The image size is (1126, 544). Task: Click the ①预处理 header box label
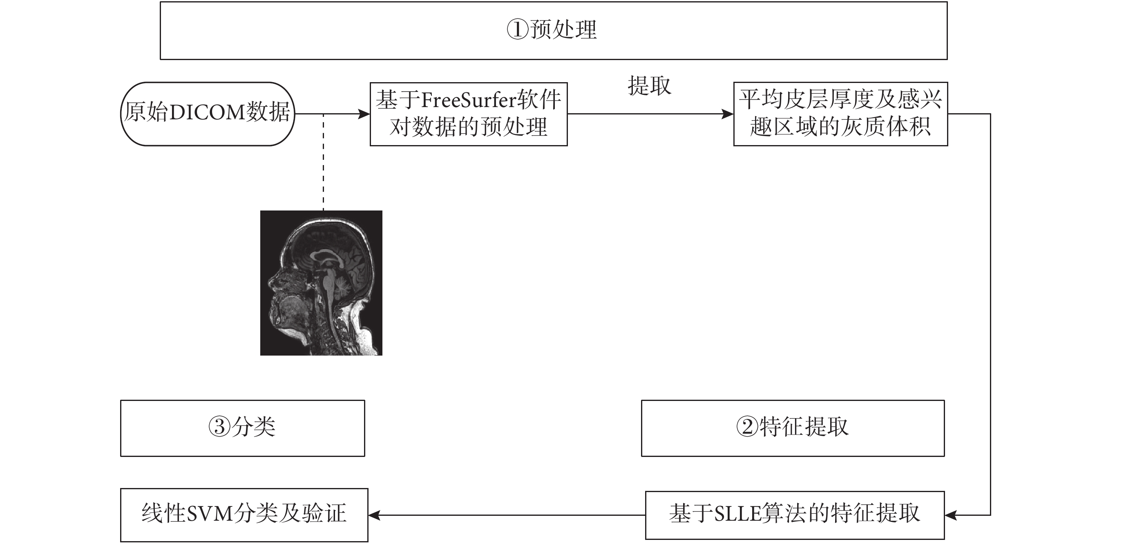click(x=552, y=30)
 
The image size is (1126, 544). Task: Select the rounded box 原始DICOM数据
click(x=208, y=114)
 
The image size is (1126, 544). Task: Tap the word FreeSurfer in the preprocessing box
click(x=469, y=100)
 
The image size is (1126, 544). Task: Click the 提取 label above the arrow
click(x=649, y=85)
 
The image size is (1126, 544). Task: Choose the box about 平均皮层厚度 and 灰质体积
click(x=840, y=114)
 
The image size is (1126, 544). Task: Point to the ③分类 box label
click(x=242, y=426)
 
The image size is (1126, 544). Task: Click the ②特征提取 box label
click(x=793, y=426)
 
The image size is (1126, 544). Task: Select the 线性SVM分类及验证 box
click(x=244, y=515)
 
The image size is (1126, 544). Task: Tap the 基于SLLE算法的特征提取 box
click(x=795, y=515)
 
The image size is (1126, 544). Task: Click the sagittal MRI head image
click(x=321, y=283)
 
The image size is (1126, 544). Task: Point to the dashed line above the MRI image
click(x=324, y=162)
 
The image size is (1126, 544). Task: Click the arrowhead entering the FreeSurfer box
click(x=364, y=114)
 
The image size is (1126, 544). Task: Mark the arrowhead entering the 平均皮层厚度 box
click(x=727, y=114)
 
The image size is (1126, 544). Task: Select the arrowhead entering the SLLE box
click(x=951, y=515)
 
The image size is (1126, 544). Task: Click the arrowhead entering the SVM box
click(x=375, y=515)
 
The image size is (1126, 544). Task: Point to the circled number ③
click(x=219, y=427)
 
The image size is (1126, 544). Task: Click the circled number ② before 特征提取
click(x=747, y=427)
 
